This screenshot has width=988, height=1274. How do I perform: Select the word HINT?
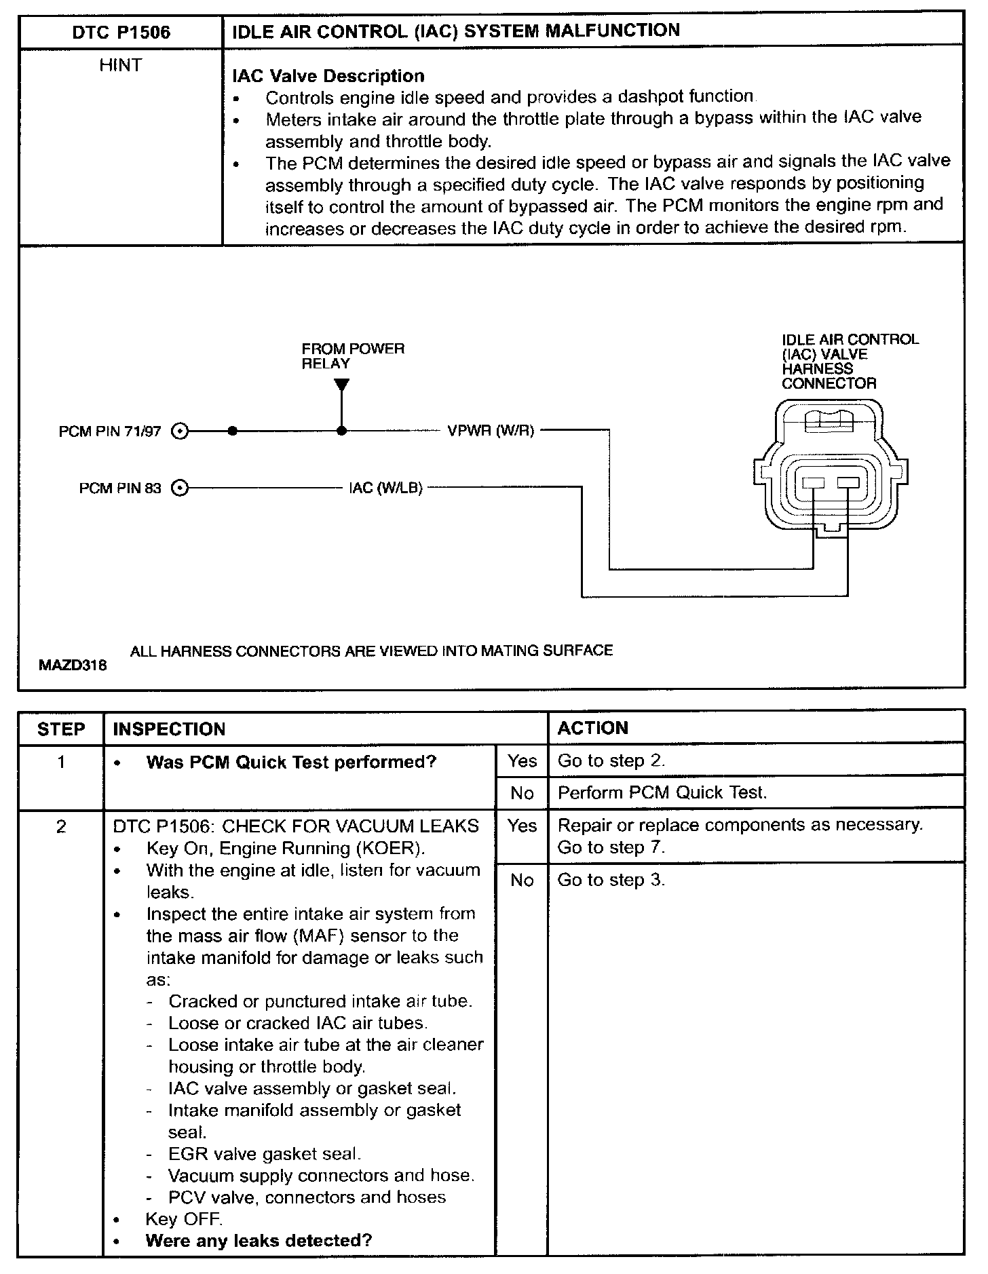click(120, 66)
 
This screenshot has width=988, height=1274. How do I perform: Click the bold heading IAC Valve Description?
click(328, 76)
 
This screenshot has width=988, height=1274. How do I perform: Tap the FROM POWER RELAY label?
click(352, 356)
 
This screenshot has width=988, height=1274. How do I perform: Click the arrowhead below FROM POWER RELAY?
click(342, 385)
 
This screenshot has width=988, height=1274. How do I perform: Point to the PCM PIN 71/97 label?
click(110, 431)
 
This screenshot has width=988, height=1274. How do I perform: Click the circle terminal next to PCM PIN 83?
click(179, 488)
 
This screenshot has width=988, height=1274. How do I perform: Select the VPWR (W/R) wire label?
click(491, 431)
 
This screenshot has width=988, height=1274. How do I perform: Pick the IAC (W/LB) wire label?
click(385, 488)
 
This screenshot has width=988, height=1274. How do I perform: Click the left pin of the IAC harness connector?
click(813, 483)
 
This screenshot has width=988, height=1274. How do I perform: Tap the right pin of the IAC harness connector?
click(848, 483)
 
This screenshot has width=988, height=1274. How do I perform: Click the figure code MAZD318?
click(73, 665)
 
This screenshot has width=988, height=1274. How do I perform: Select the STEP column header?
click(61, 729)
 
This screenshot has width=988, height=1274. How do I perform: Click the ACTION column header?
click(592, 729)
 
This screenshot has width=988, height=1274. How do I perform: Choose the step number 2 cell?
click(61, 827)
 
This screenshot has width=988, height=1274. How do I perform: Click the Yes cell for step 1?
click(522, 761)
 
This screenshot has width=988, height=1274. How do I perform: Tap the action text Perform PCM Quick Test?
click(662, 793)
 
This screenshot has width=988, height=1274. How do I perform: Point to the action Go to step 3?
click(611, 880)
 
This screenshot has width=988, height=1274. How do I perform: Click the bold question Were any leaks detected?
click(259, 1241)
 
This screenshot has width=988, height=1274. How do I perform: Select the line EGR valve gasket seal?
click(265, 1154)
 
